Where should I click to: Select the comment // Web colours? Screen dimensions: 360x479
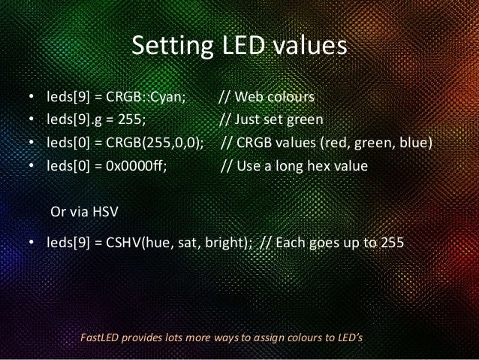coord(267,98)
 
